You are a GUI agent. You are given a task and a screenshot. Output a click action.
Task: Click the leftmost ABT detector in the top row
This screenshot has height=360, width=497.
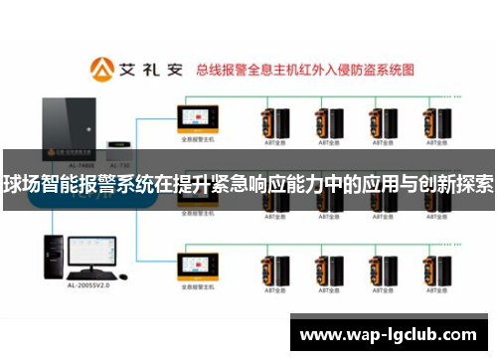(271, 123)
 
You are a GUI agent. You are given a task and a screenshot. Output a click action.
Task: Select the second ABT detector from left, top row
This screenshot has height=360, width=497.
(325, 123)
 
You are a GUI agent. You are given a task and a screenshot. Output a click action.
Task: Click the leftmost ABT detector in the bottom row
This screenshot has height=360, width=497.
(271, 270)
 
